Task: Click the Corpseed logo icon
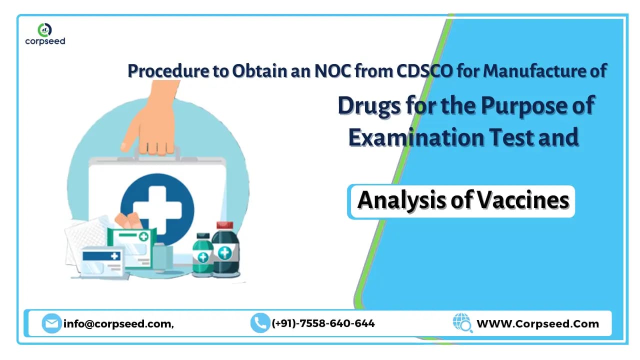click(x=45, y=29)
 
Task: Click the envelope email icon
click(x=51, y=323)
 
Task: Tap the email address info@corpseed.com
click(x=118, y=323)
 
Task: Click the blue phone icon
click(x=259, y=323)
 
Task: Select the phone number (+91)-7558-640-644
click(x=323, y=323)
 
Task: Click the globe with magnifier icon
click(x=462, y=323)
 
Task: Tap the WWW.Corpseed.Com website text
click(x=537, y=323)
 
